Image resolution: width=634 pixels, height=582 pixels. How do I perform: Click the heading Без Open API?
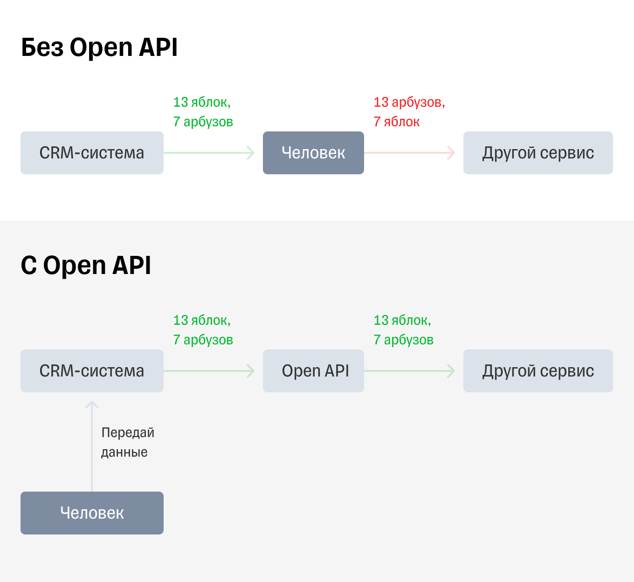tap(99, 48)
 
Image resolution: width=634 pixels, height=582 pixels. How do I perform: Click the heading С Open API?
tap(86, 266)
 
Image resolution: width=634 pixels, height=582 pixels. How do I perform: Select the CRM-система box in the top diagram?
tap(92, 153)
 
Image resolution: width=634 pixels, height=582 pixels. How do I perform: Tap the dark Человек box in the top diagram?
tap(313, 153)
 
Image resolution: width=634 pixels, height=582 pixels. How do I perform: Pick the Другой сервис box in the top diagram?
tap(538, 153)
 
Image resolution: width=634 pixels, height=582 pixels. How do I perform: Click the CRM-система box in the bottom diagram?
tap(92, 371)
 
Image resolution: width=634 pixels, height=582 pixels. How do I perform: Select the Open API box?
tap(313, 371)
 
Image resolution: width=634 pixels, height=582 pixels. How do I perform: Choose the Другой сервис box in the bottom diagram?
tap(538, 371)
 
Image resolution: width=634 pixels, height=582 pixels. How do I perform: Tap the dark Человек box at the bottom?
tap(92, 513)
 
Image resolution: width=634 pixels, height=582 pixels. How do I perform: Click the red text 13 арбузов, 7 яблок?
tap(409, 112)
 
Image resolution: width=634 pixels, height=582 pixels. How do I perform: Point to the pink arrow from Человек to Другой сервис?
tap(409, 153)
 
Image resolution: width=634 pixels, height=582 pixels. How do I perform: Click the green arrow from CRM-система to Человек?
tap(209, 153)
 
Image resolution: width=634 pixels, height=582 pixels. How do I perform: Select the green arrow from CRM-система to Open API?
tap(209, 371)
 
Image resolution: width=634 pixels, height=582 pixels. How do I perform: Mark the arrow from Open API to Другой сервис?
tap(409, 371)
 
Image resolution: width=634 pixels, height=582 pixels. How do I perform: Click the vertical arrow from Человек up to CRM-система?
tap(92, 447)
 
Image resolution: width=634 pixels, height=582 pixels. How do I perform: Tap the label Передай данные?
tap(127, 442)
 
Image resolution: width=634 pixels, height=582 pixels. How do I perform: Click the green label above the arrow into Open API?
tap(203, 330)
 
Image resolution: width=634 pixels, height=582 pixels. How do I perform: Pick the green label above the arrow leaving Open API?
tap(403, 330)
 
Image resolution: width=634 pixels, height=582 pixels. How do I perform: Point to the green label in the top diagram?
tap(203, 112)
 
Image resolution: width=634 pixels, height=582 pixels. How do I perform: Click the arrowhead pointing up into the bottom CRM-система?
tap(92, 404)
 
